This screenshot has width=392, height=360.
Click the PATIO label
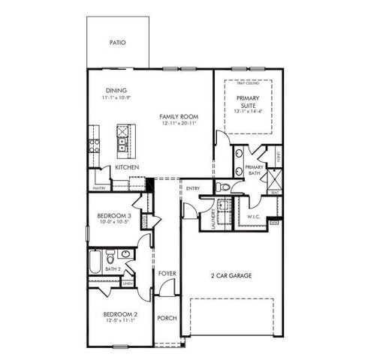[x=118, y=43]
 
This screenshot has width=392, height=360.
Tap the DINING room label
[x=116, y=91]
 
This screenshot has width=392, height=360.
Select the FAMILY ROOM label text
[x=178, y=118]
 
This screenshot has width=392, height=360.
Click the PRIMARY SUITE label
[x=247, y=101]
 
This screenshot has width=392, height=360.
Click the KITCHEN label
[x=125, y=167]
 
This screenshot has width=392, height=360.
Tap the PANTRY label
[x=98, y=188]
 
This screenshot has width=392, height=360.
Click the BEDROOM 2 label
[x=119, y=313]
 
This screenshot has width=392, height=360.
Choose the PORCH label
[x=167, y=318]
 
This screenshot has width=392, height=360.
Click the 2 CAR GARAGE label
[x=231, y=275]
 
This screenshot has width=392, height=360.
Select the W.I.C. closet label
[x=253, y=217]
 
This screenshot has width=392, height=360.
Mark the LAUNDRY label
[x=214, y=221]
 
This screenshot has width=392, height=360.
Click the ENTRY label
[x=193, y=188]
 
